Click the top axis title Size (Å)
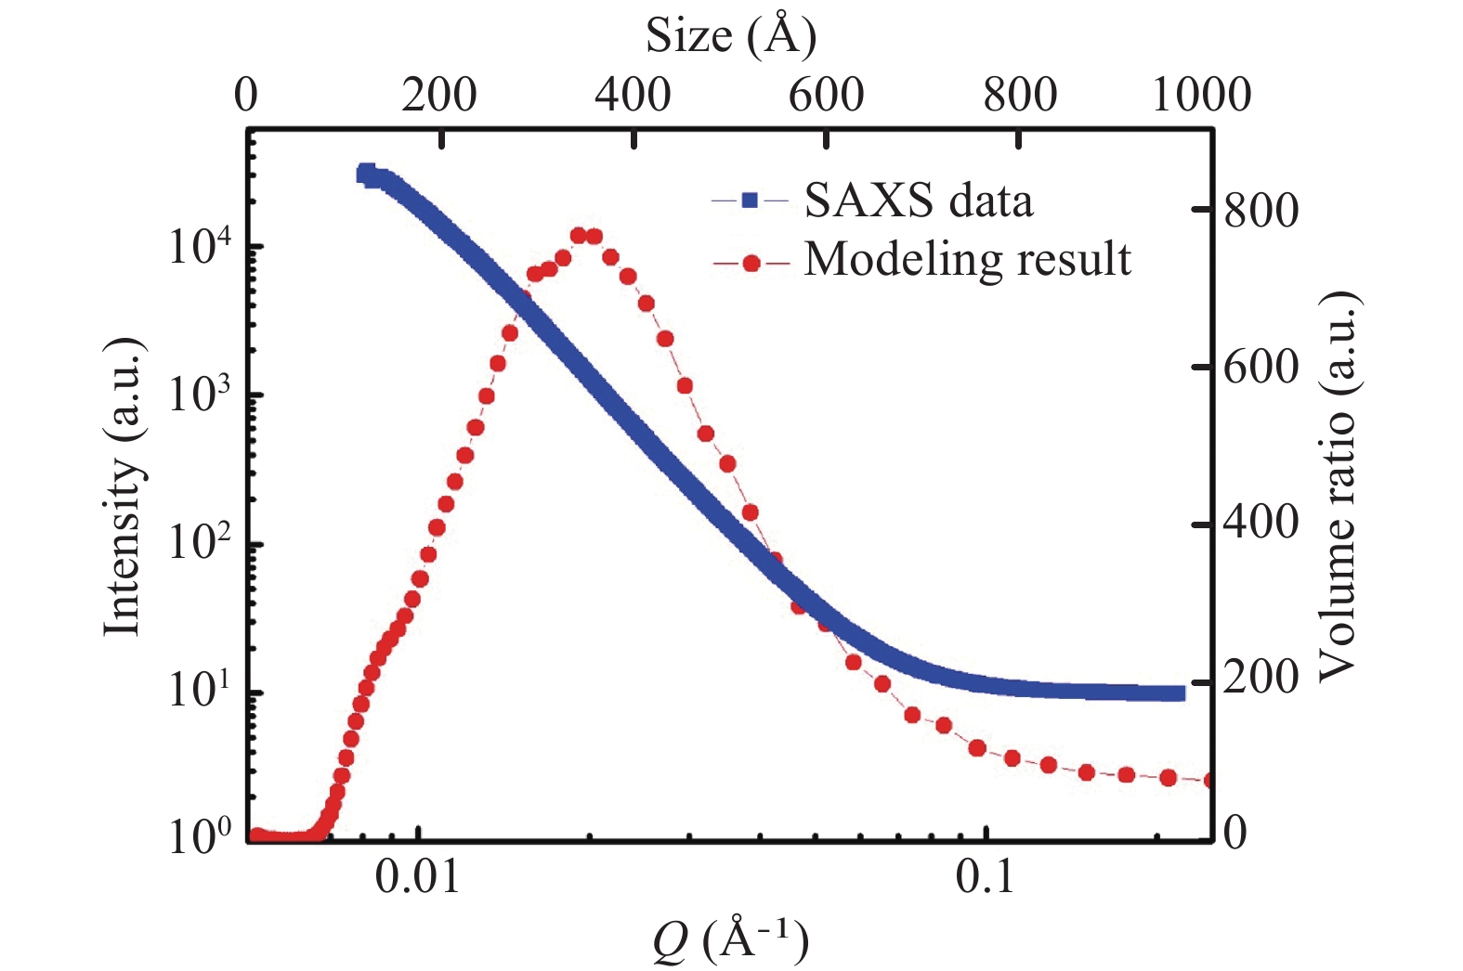pyautogui.click(x=731, y=36)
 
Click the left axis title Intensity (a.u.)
pyautogui.click(x=123, y=487)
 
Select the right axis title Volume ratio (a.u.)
pyautogui.click(x=1339, y=486)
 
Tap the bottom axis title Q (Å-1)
pyautogui.click(x=730, y=940)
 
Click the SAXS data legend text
pyautogui.click(x=918, y=201)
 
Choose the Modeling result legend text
pyautogui.click(x=967, y=259)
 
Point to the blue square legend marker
pyautogui.click(x=751, y=200)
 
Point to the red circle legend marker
pyautogui.click(x=751, y=264)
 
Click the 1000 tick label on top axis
pyautogui.click(x=1202, y=95)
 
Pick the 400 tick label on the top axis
pyautogui.click(x=633, y=95)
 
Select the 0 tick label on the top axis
pyautogui.click(x=246, y=95)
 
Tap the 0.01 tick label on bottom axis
pyautogui.click(x=418, y=877)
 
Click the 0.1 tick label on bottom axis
pyautogui.click(x=985, y=877)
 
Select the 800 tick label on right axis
pyautogui.click(x=1261, y=211)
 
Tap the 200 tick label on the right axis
pyautogui.click(x=1261, y=678)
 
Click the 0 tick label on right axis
pyautogui.click(x=1235, y=833)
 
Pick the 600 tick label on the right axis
pyautogui.click(x=1261, y=368)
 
